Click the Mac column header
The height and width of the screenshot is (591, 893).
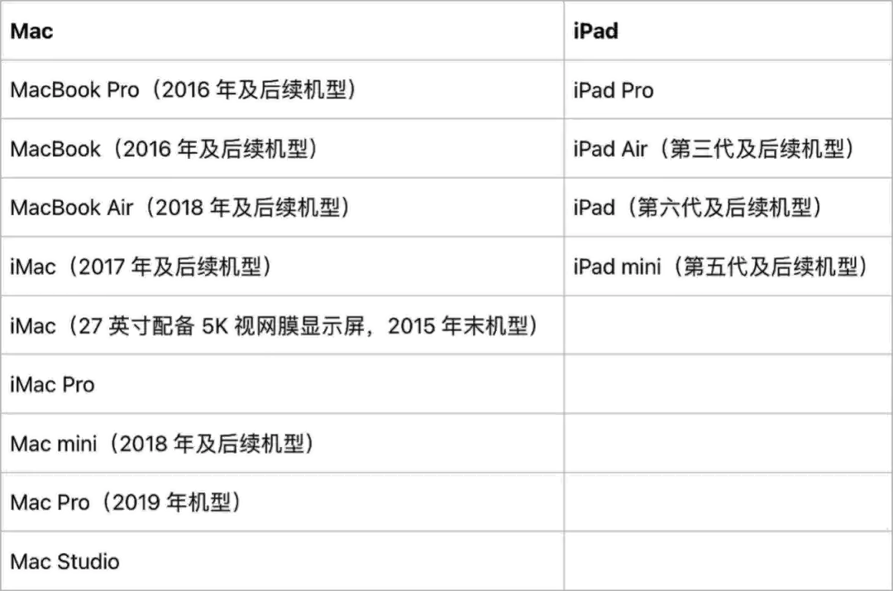(x=31, y=31)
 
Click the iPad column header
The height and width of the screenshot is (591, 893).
(x=595, y=31)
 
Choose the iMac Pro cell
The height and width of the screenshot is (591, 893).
(x=53, y=385)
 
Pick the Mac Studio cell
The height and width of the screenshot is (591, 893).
(x=64, y=562)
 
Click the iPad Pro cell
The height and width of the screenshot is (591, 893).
(x=614, y=90)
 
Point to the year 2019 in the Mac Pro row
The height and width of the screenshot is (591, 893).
(x=136, y=502)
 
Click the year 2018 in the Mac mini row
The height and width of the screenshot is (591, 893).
(x=145, y=444)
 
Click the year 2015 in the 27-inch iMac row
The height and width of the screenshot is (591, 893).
(x=412, y=326)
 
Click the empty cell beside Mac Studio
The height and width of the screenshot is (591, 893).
(x=727, y=562)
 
